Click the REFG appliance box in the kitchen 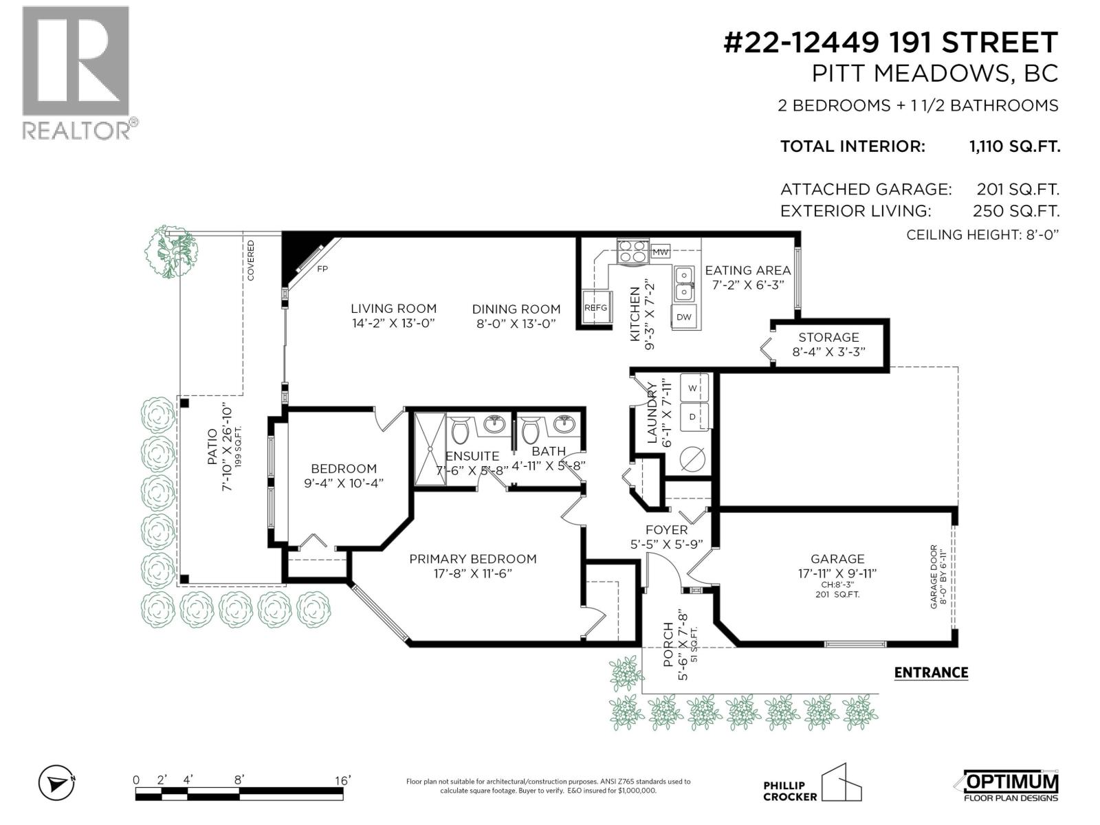tap(595, 307)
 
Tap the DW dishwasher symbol tap(683, 317)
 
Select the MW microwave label tap(660, 252)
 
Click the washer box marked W tap(694, 388)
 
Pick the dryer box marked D tap(694, 417)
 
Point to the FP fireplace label tap(322, 269)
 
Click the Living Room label tap(393, 309)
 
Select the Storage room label tap(828, 337)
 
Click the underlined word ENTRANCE tap(931, 672)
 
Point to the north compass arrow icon tap(57, 783)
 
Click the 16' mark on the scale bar tap(342, 780)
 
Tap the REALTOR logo tap(76, 72)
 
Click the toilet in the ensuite tap(459, 431)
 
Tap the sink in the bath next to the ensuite tap(564, 423)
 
